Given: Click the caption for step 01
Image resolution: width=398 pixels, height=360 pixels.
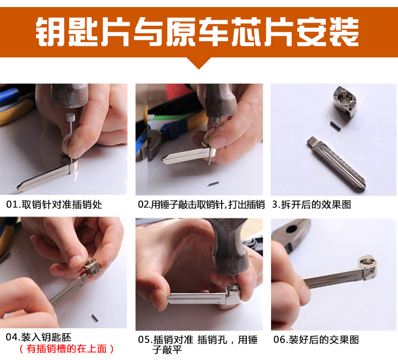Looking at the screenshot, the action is (x=54, y=204).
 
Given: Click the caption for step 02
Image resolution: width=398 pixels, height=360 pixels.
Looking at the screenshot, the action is (x=202, y=204).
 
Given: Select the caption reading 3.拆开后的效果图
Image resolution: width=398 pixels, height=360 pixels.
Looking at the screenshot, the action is (x=312, y=204).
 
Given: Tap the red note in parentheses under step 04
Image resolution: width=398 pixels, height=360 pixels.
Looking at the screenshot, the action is (x=67, y=349).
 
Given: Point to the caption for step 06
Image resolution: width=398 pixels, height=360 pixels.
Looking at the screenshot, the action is (x=316, y=340).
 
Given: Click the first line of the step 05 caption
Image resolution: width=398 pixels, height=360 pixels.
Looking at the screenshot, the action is (x=197, y=340).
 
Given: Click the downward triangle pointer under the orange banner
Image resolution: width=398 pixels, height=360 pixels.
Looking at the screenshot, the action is (x=199, y=63).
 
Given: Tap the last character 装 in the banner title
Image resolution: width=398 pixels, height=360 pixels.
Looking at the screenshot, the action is (x=344, y=32).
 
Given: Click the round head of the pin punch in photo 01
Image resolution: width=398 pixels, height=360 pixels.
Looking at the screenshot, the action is (x=71, y=118).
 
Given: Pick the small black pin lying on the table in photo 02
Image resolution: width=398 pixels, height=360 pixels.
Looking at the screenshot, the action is (x=214, y=184).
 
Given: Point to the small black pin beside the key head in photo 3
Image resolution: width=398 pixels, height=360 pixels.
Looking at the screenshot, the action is (x=335, y=126).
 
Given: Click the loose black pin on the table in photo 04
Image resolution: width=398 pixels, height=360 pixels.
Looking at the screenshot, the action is (x=95, y=318).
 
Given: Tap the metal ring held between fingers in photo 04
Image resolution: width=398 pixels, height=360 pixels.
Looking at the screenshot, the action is (x=91, y=266).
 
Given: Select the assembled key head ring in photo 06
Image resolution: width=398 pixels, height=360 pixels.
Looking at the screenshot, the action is (x=368, y=267).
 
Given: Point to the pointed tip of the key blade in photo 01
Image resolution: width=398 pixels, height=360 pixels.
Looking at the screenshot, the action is (x=18, y=187).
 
